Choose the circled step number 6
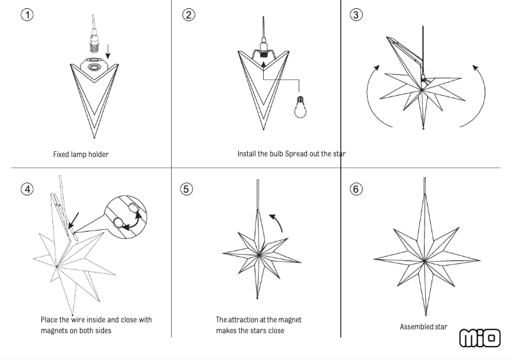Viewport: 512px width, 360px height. [357, 189]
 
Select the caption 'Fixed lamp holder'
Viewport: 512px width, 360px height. [80, 154]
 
